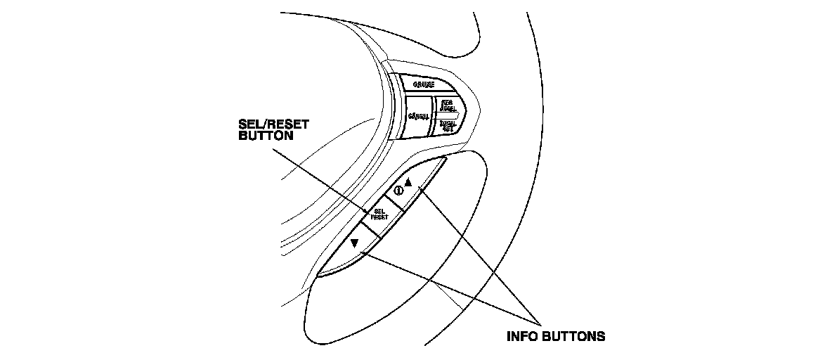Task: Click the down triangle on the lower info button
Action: (x=354, y=243)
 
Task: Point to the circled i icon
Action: (x=398, y=191)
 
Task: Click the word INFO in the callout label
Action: (x=524, y=336)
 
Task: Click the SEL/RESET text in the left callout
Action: (x=274, y=124)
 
